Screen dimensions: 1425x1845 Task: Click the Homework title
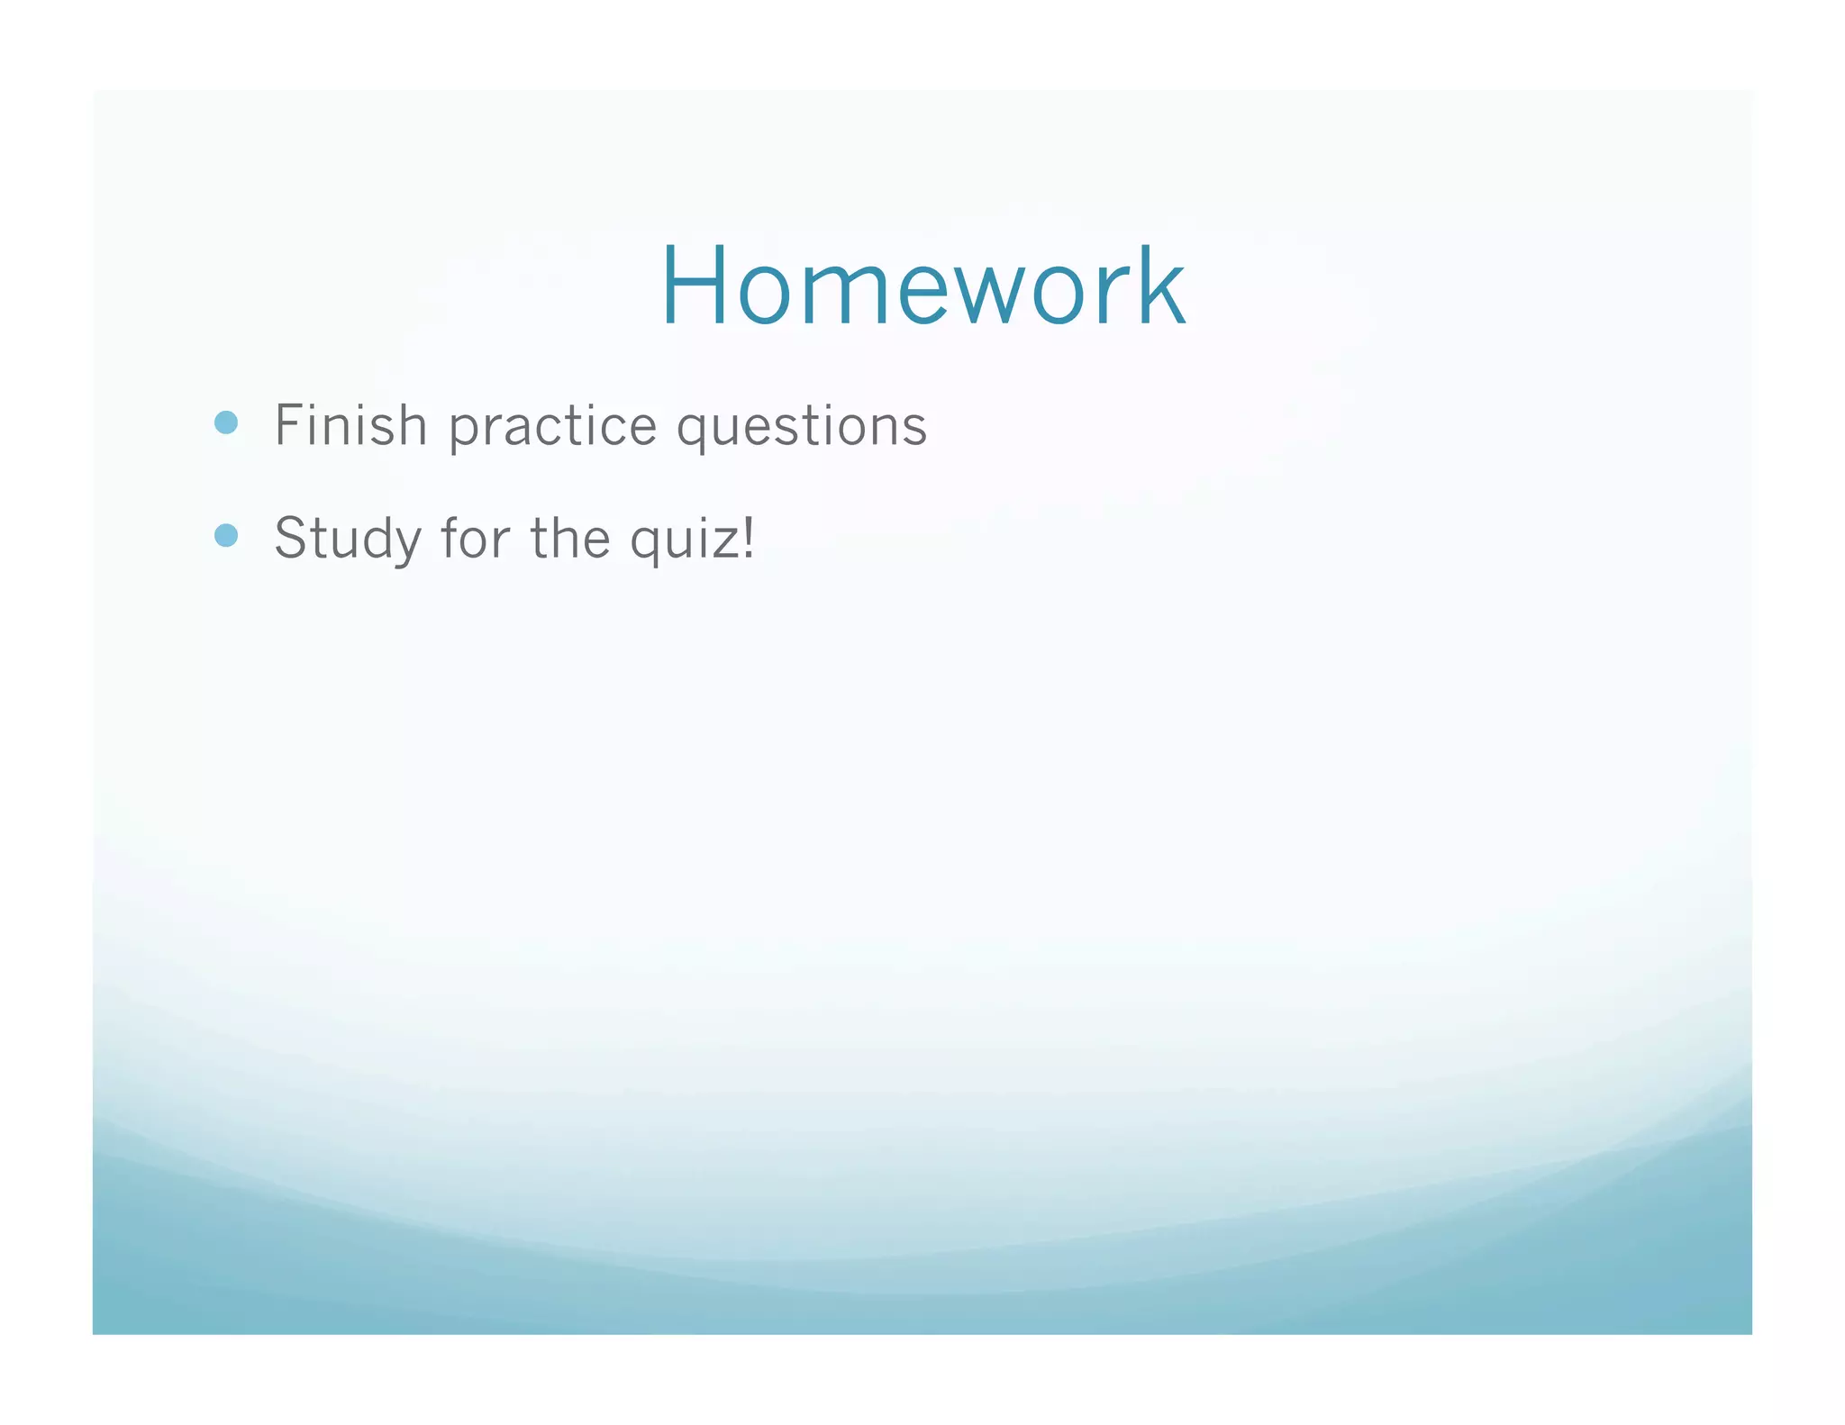922,286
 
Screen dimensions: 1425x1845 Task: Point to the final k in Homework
1162,286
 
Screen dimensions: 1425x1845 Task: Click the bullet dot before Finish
226,422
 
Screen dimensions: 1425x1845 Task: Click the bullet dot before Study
226,536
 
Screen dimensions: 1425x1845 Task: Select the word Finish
350,425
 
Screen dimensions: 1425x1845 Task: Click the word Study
348,539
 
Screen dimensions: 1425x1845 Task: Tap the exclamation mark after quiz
748,538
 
